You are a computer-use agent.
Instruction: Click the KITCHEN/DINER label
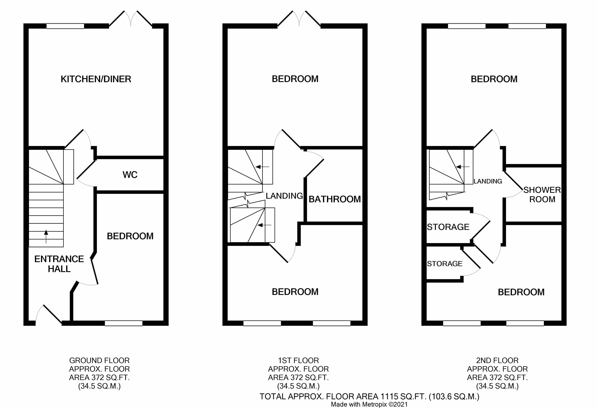(96, 79)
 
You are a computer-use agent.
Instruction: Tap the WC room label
(130, 175)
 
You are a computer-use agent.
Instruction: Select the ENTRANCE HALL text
(59, 264)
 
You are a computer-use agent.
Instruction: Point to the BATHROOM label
(334, 199)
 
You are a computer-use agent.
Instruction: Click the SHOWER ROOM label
(542, 195)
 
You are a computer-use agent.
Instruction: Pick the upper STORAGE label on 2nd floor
(448, 227)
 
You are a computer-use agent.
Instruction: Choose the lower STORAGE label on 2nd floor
(445, 264)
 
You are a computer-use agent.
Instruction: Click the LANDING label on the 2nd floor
(488, 181)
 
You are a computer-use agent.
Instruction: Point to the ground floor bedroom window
(124, 323)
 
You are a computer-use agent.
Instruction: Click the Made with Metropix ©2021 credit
(369, 404)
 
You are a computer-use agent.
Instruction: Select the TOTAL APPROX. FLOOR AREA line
(369, 397)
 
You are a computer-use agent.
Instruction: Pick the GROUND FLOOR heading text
(99, 360)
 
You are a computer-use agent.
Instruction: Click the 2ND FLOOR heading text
(497, 360)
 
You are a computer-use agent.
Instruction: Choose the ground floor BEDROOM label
(130, 236)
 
